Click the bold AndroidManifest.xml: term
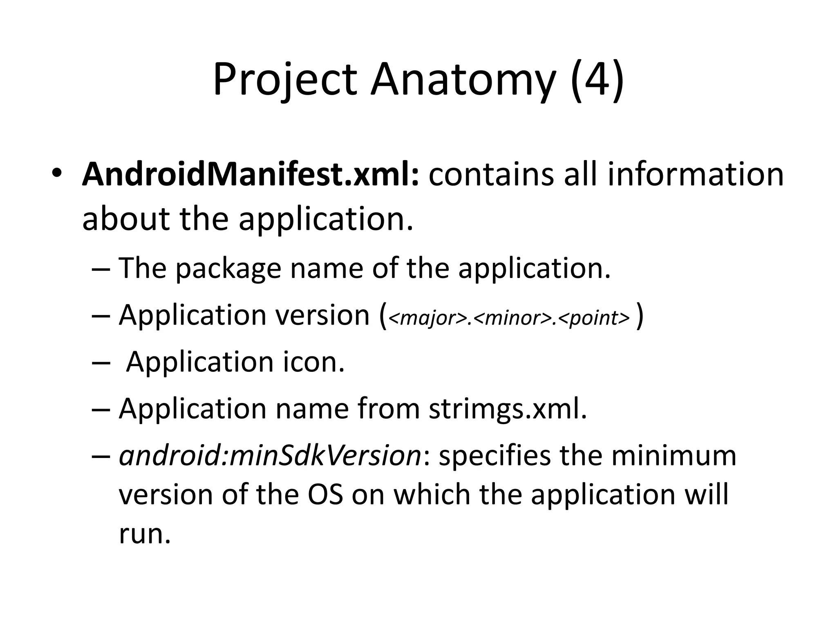[250, 175]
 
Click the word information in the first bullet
[695, 175]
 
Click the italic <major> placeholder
[427, 318]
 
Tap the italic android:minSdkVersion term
[270, 456]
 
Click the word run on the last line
[144, 534]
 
